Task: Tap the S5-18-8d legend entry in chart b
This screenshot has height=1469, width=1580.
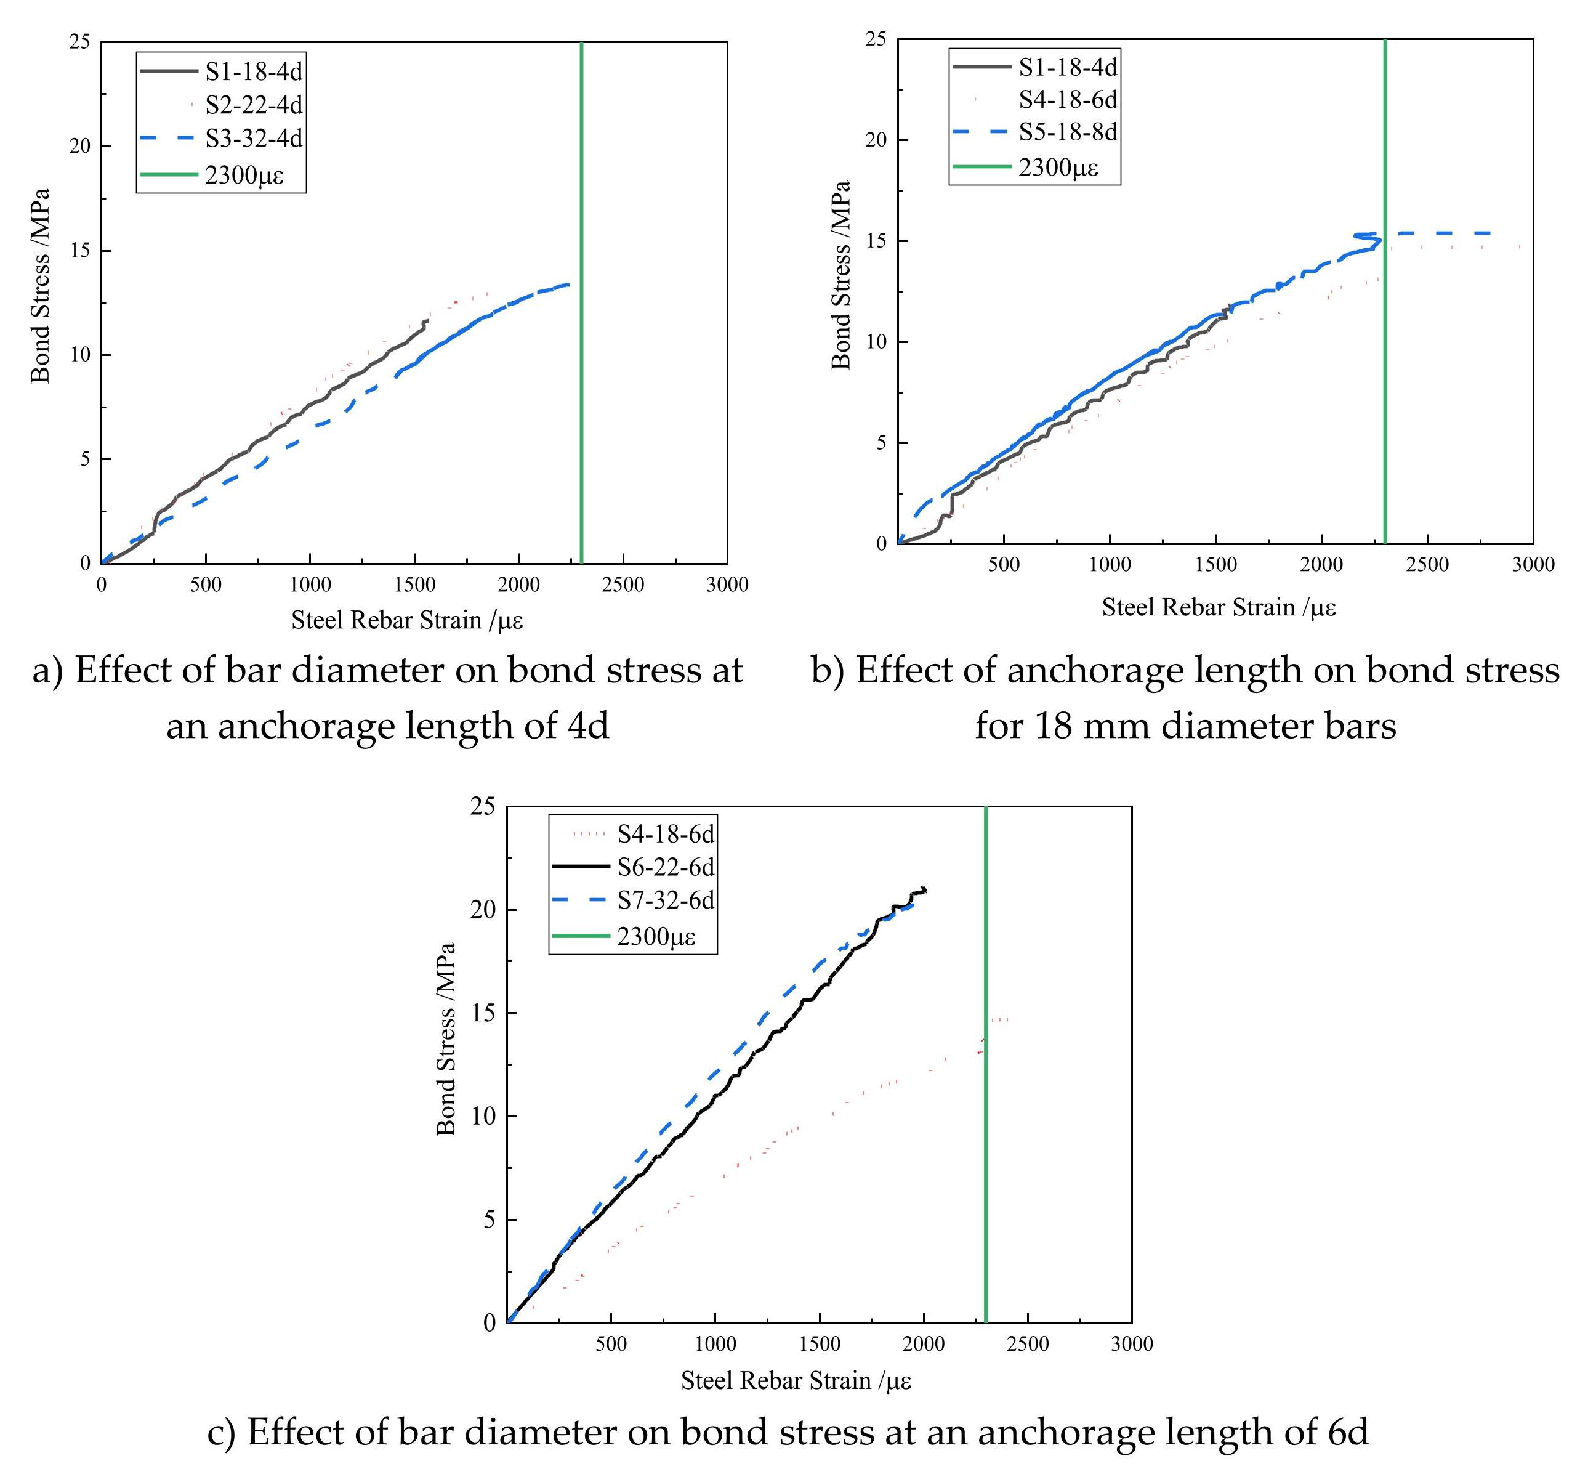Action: [x=1067, y=132]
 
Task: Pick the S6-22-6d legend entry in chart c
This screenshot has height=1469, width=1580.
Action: [x=665, y=867]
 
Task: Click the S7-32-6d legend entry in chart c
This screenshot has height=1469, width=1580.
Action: [x=665, y=900]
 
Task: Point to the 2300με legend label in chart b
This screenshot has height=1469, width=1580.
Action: [x=1058, y=168]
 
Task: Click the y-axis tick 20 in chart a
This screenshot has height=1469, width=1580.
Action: [x=79, y=146]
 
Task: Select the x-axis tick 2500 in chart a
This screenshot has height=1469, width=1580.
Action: [x=623, y=585]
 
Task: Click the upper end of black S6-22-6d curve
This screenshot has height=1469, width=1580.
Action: [x=924, y=889]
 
